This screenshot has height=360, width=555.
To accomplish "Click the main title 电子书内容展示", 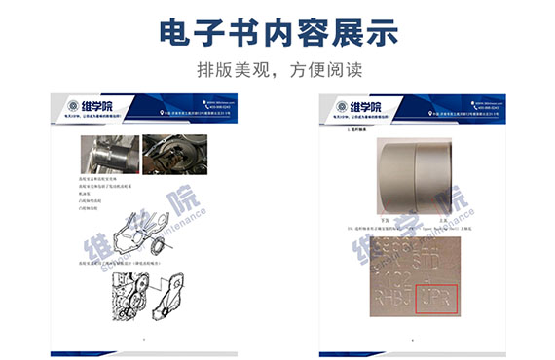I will point(277,32).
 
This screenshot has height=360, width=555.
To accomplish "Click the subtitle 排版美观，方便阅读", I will point(277,71).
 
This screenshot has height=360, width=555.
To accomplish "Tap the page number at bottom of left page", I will point(144,340).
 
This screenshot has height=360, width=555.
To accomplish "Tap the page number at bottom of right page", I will point(413,340).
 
